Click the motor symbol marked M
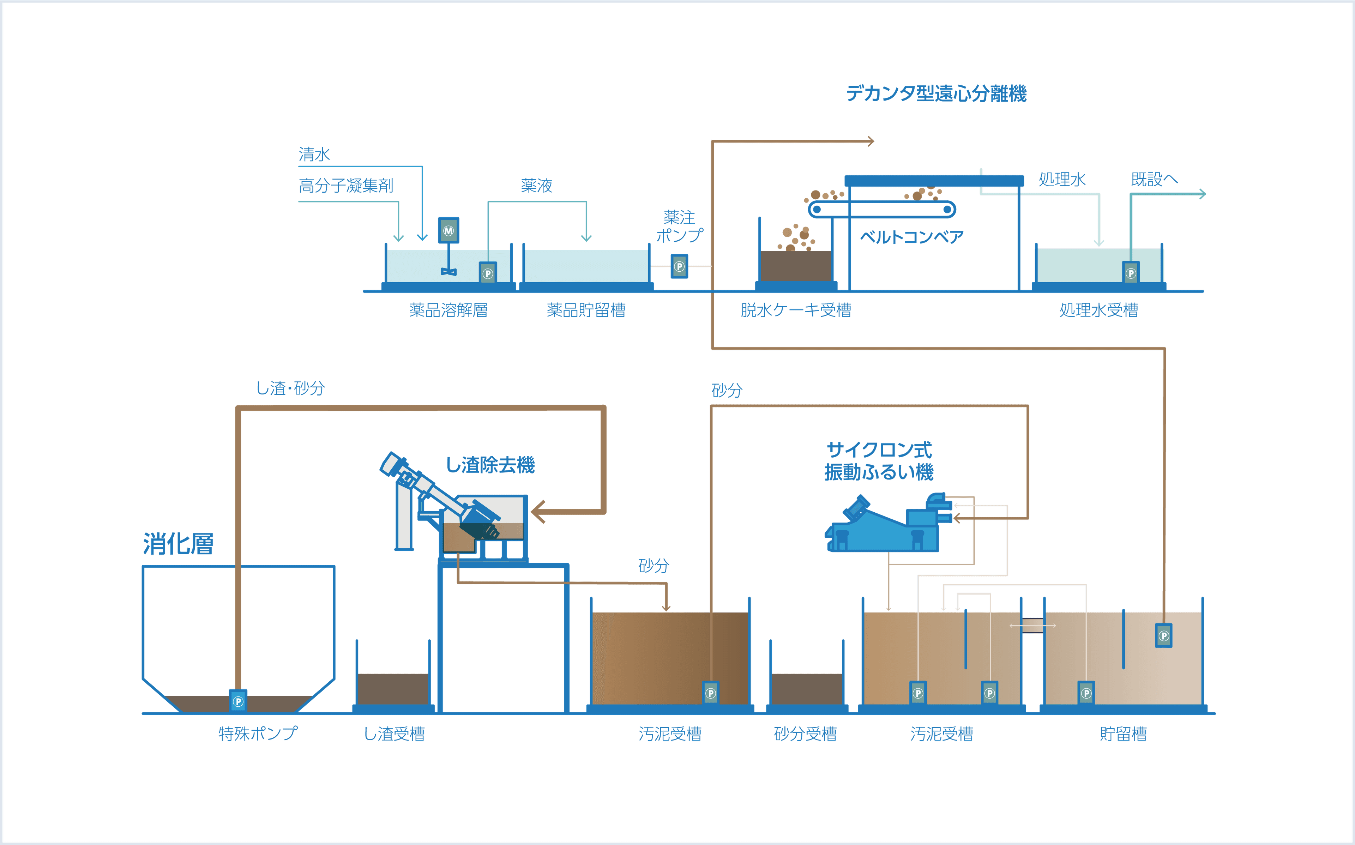(448, 231)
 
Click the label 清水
(314, 154)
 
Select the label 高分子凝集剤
(347, 186)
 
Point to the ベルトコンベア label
(912, 237)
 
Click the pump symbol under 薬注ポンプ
(679, 267)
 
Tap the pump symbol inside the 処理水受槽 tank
(1131, 273)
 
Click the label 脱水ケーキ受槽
(796, 310)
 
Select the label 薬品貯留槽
(586, 310)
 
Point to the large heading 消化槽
(179, 544)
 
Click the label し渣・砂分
(290, 388)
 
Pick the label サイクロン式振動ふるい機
(879, 461)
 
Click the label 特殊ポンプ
(258, 734)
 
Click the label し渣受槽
(395, 734)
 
